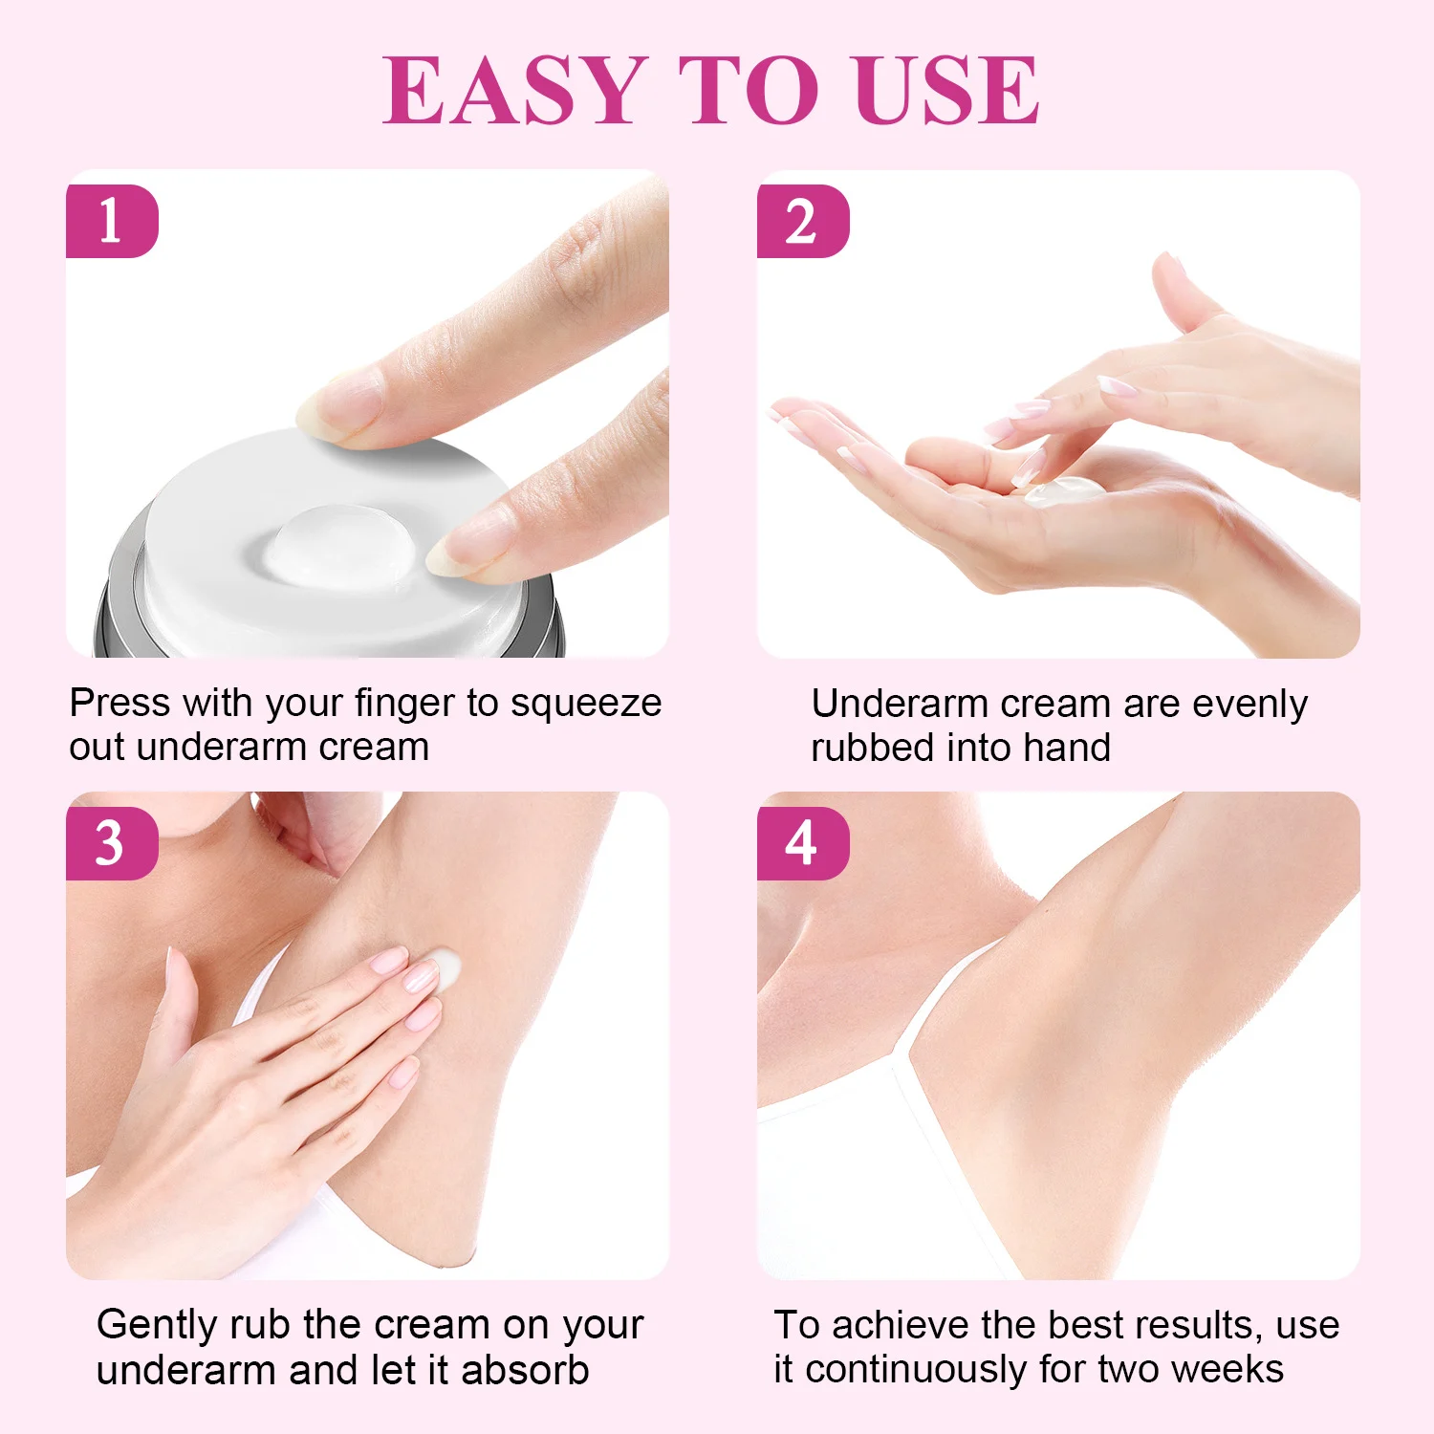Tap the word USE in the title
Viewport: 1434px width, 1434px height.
click(x=947, y=90)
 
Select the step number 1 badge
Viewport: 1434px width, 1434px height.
click(x=112, y=221)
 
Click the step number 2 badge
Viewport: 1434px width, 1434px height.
click(x=803, y=221)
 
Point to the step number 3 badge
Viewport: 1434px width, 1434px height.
click(x=112, y=843)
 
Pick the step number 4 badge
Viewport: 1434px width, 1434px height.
click(x=803, y=843)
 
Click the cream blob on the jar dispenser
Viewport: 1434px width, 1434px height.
click(x=339, y=544)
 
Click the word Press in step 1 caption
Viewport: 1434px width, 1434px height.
click(x=120, y=703)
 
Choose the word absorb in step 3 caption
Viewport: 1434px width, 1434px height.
click(x=525, y=1371)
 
